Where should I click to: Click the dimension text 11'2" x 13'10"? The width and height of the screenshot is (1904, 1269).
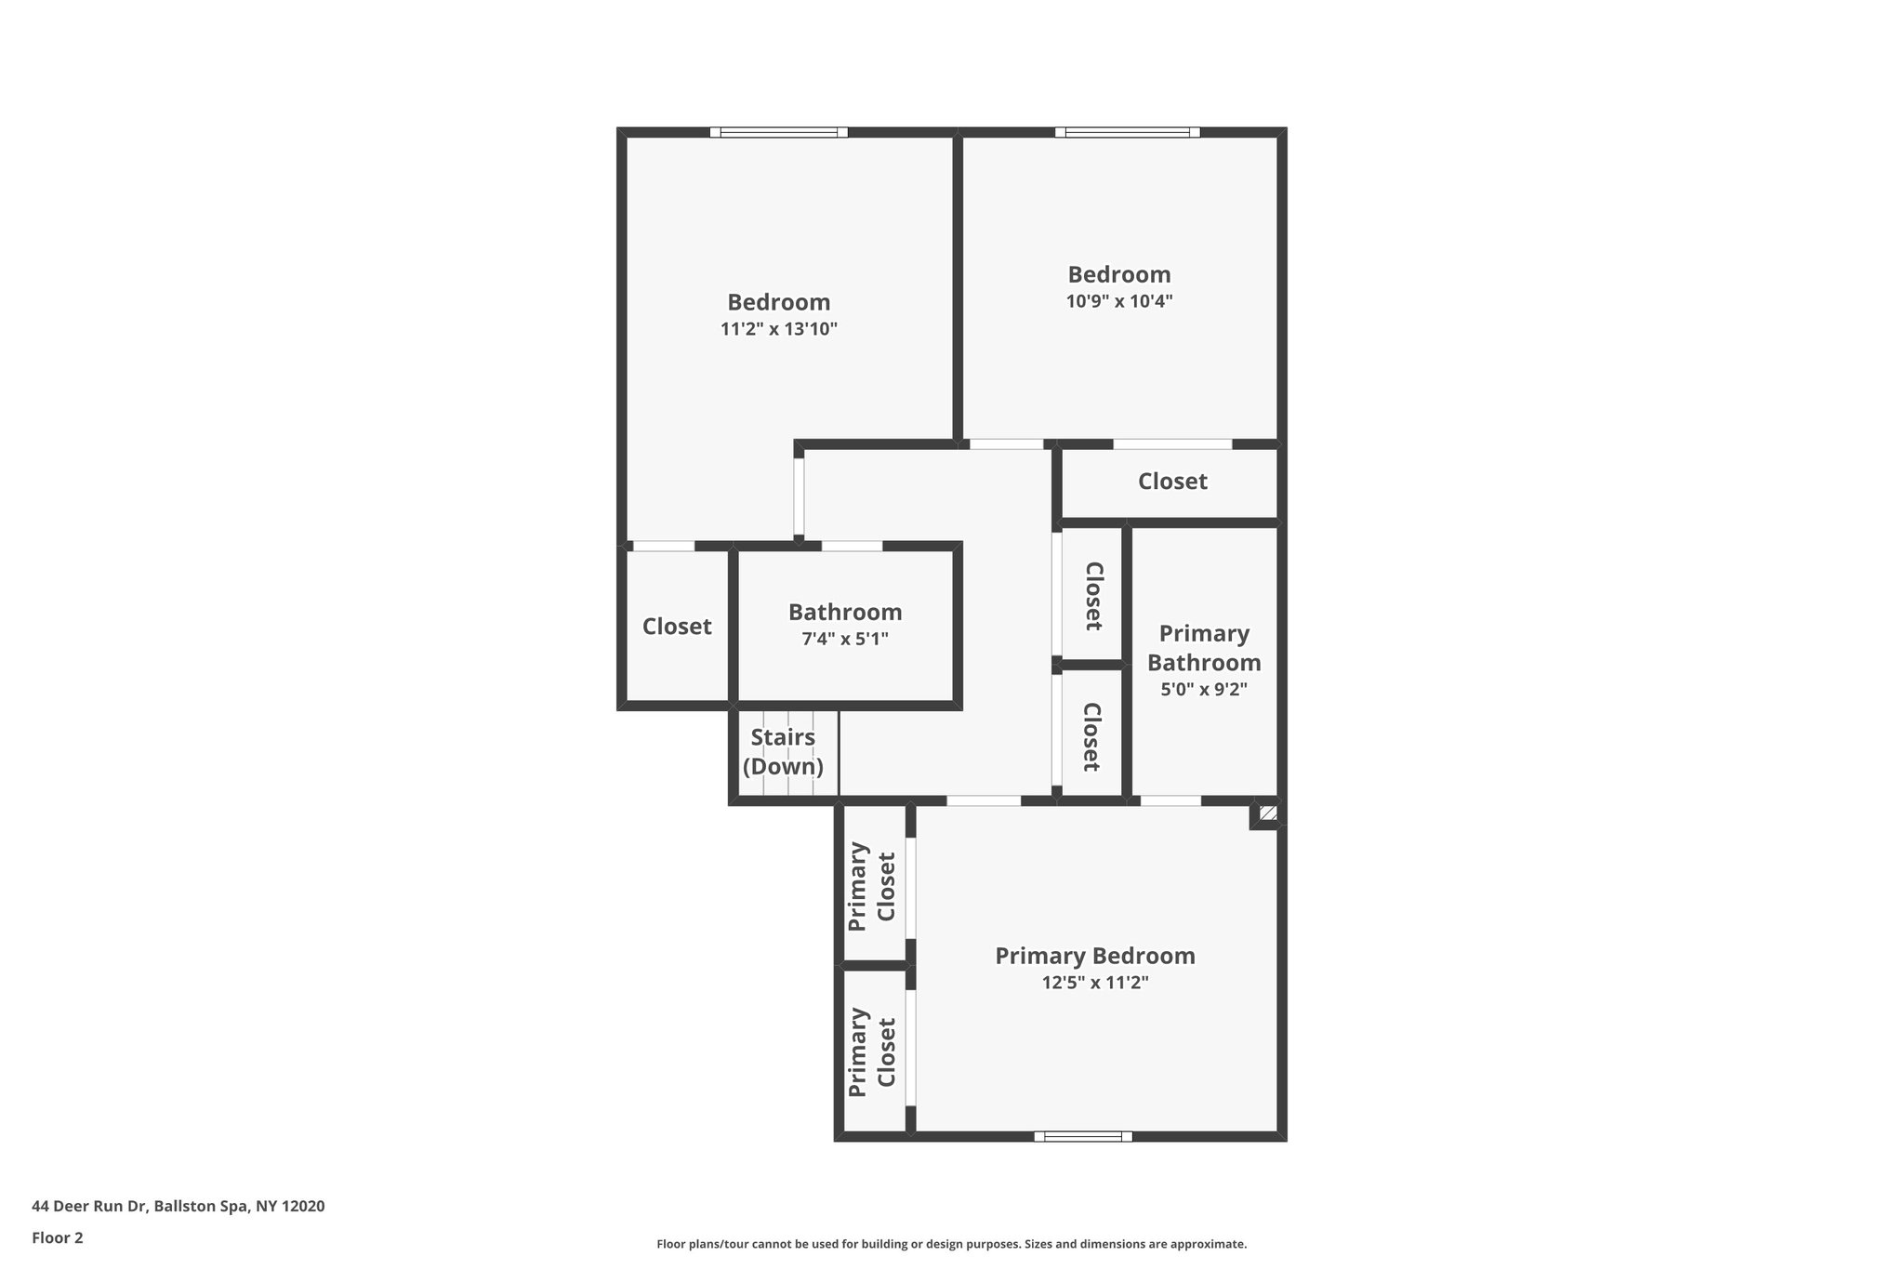pyautogui.click(x=779, y=329)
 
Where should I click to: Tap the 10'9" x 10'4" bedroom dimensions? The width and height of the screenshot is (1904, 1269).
pyautogui.click(x=1118, y=301)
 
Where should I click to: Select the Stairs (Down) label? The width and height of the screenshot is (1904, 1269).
pyautogui.click(x=783, y=752)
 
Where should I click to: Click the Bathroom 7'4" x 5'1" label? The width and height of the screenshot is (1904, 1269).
pyautogui.click(x=845, y=625)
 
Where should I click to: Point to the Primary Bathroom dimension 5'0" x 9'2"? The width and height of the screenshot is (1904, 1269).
pyautogui.click(x=1204, y=690)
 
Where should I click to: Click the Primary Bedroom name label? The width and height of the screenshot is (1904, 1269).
pyautogui.click(x=1095, y=956)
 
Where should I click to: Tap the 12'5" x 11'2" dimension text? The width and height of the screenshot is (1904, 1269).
pyautogui.click(x=1095, y=983)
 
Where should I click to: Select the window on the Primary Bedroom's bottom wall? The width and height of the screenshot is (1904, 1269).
pyautogui.click(x=1083, y=1136)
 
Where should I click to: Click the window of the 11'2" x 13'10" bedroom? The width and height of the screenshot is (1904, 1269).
pyautogui.click(x=779, y=132)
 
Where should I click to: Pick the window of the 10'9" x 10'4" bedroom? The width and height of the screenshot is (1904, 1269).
pyautogui.click(x=1127, y=132)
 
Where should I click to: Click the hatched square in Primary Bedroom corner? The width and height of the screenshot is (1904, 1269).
pyautogui.click(x=1268, y=813)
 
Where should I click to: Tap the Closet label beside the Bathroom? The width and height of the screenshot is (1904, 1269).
pyautogui.click(x=677, y=627)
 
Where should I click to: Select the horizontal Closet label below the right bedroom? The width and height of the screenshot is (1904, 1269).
pyautogui.click(x=1172, y=482)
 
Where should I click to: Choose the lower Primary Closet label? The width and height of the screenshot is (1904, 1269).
pyautogui.click(x=872, y=1052)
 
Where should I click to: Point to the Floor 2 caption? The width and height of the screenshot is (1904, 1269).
pyautogui.click(x=58, y=1237)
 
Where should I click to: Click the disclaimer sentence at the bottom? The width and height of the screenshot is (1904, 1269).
pyautogui.click(x=951, y=1244)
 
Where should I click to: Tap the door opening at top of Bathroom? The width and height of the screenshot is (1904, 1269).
pyautogui.click(x=852, y=546)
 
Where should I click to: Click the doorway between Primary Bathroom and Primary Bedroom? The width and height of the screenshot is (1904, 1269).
pyautogui.click(x=1170, y=800)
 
